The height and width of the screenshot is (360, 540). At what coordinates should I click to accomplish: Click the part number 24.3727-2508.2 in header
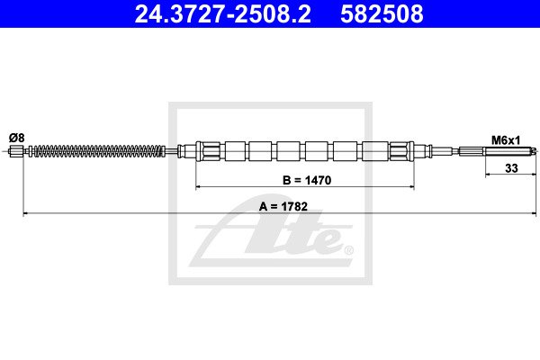pyautogui.click(x=222, y=13)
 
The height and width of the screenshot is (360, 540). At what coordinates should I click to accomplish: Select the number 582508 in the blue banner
pyautogui.click(x=382, y=13)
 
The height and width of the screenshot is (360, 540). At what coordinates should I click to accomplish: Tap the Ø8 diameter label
pyautogui.click(x=17, y=138)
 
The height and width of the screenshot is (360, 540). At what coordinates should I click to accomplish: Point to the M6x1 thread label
pyautogui.click(x=506, y=140)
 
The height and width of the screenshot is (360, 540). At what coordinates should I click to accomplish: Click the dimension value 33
pyautogui.click(x=511, y=168)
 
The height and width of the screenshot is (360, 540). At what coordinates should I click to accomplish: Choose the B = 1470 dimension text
pyautogui.click(x=307, y=180)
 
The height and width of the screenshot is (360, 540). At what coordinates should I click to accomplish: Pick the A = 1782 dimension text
pyautogui.click(x=283, y=206)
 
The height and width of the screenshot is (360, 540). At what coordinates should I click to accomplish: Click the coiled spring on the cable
pyautogui.click(x=98, y=151)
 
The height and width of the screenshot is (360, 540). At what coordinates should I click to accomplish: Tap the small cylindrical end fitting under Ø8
pyautogui.click(x=16, y=151)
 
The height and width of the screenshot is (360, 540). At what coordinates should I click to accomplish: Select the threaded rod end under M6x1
pyautogui.click(x=509, y=150)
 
